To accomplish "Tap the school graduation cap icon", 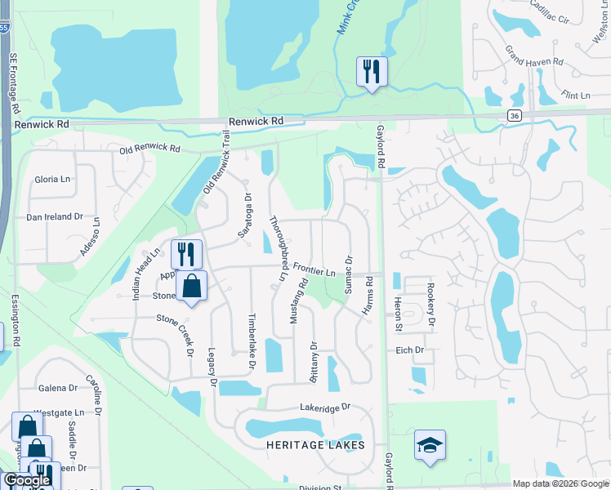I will coord(430,445).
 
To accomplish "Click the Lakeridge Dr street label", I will coord(324,406).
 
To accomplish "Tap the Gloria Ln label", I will coord(53,180).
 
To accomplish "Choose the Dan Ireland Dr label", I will coord(56,216).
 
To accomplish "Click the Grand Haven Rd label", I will coord(534,56).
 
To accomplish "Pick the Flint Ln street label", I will coord(576,96).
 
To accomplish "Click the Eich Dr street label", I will coord(408,350).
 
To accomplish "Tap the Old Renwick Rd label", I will coord(149,149).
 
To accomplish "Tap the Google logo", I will coord(26,481).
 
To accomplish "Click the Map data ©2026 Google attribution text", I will coord(560,483).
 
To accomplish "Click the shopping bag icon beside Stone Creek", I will coord(191,287).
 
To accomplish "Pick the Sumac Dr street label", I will coord(349,274).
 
